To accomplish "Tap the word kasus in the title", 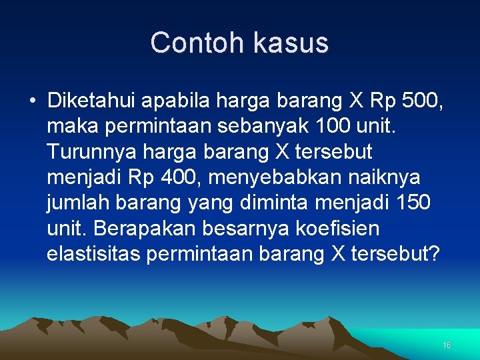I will point(291,43).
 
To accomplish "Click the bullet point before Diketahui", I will point(32,101).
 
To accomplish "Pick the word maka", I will point(71,127).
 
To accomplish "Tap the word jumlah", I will point(75,203).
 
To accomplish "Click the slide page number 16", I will point(447,345).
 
